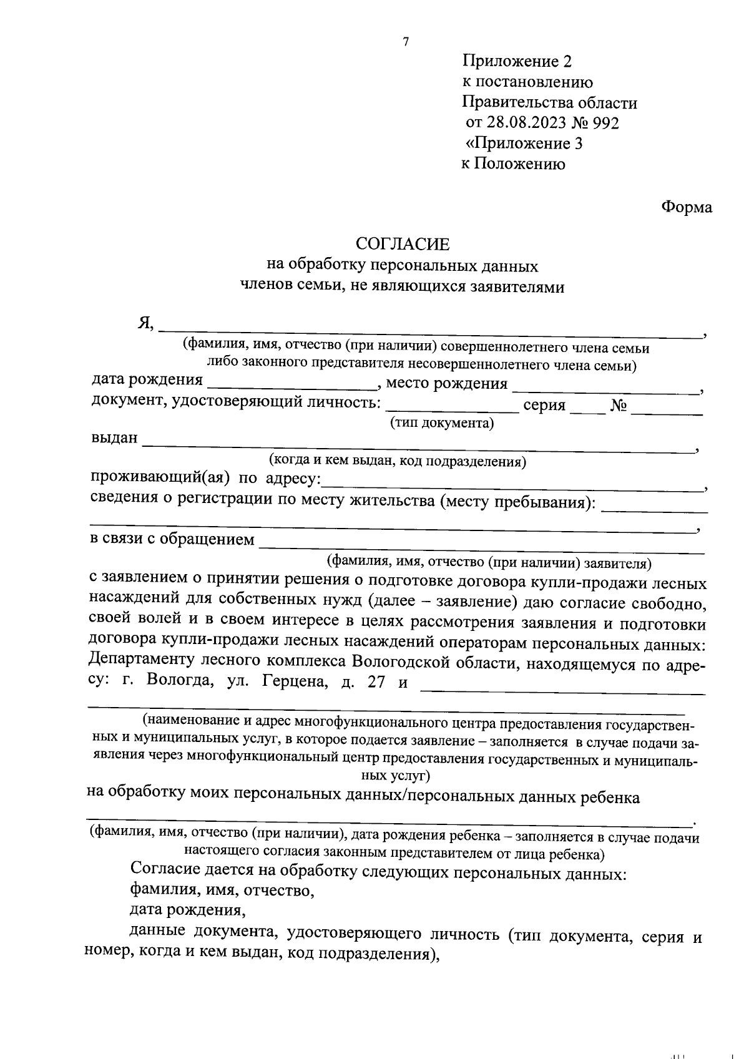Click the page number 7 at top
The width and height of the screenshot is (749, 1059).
[x=406, y=42]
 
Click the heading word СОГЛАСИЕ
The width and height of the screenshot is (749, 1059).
[x=402, y=243]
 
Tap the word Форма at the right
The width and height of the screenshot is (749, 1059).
[x=687, y=207]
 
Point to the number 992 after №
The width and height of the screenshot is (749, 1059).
[x=605, y=123]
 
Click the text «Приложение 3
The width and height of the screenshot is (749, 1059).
[x=525, y=144]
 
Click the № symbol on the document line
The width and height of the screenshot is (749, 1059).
[x=619, y=406]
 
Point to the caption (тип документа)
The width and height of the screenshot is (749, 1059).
[x=442, y=424]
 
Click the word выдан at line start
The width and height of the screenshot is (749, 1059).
[x=114, y=437]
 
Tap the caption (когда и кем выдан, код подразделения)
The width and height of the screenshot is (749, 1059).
[x=398, y=462]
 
